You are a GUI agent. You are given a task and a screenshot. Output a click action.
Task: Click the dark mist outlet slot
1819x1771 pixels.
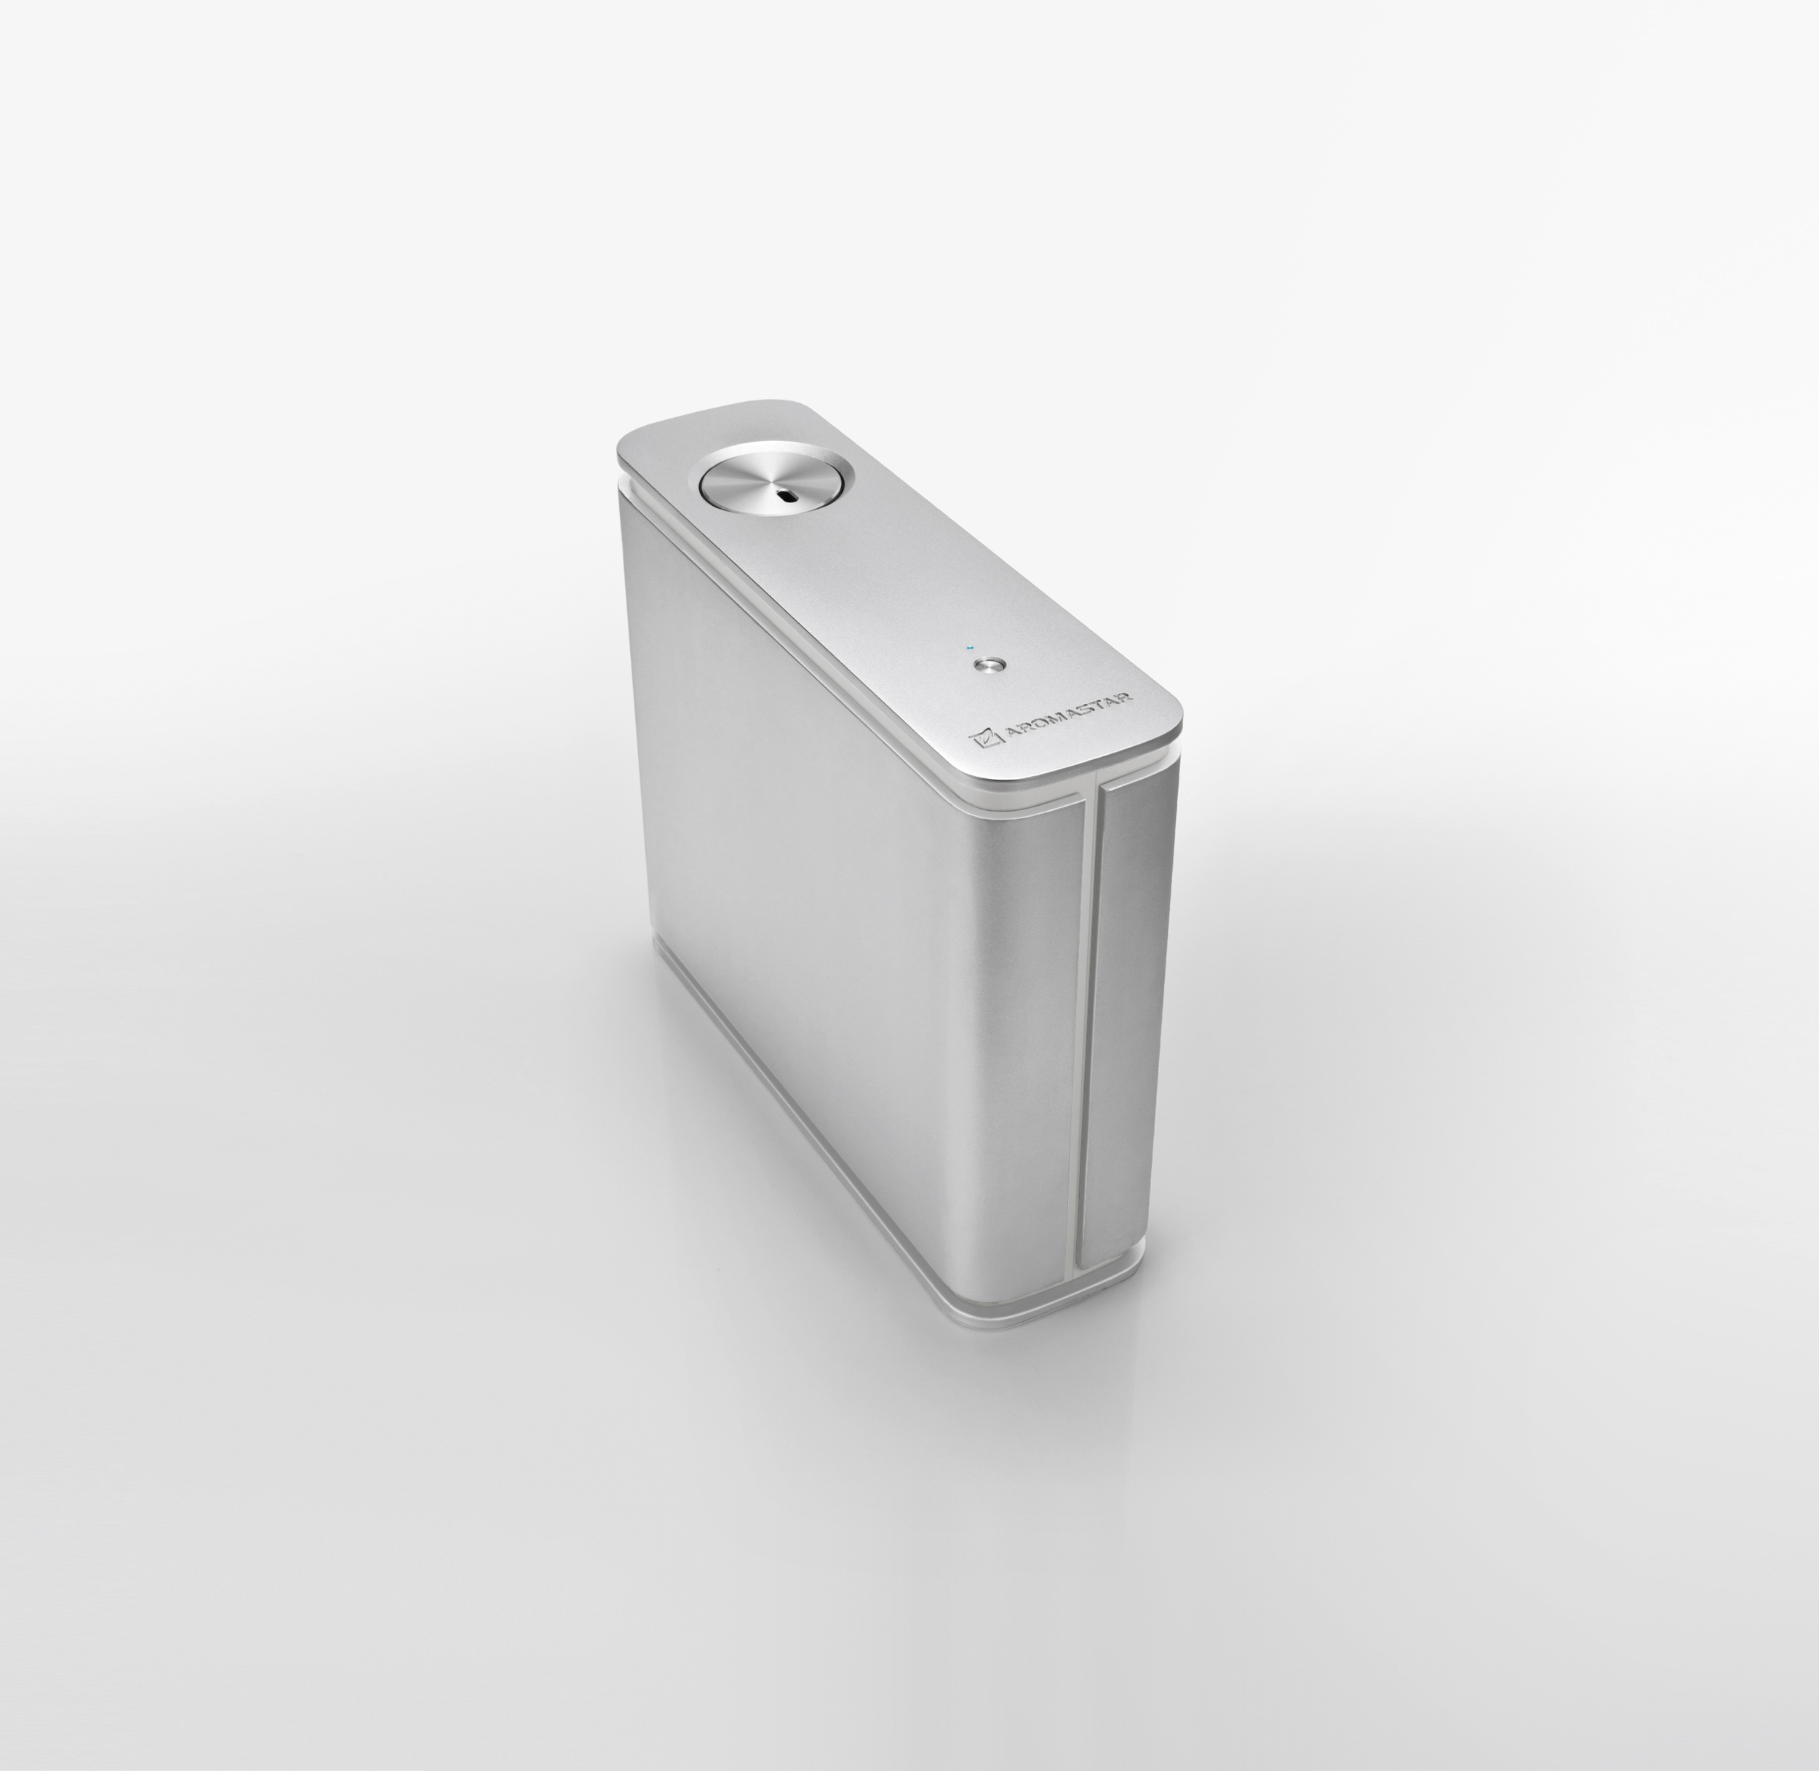tap(789, 496)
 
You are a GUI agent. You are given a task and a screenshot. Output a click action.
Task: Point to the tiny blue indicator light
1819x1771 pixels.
tap(971, 647)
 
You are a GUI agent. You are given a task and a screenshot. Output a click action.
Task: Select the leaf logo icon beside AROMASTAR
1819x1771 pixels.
tap(984, 739)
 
